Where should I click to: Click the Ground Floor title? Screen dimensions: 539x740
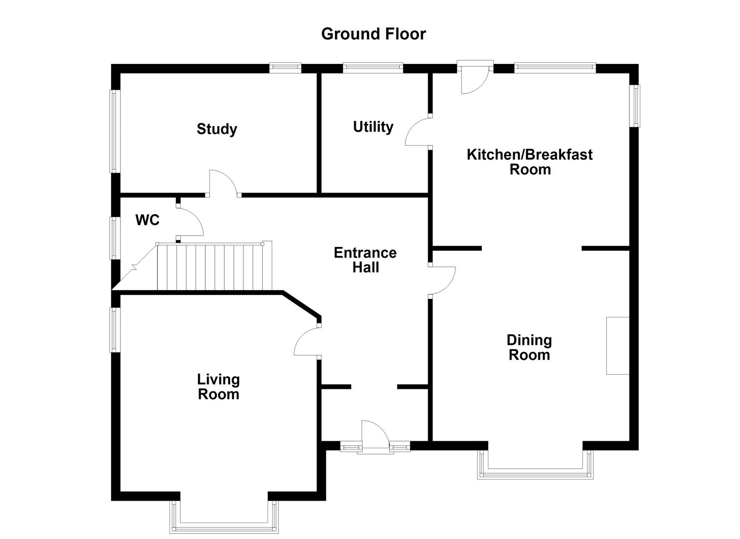373,34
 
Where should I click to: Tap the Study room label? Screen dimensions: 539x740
216,129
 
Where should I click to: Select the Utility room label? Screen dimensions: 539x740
373,127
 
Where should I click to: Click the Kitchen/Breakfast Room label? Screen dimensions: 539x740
529,162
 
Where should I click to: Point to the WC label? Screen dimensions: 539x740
147,220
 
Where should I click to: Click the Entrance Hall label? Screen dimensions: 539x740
365,260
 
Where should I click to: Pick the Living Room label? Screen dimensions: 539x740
218,387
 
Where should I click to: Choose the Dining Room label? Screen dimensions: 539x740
529,347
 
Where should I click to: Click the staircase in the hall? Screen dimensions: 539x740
214,267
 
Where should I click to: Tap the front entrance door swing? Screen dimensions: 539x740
374,434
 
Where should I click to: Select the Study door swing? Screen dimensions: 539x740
223,183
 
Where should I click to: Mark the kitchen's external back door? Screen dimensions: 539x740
474,80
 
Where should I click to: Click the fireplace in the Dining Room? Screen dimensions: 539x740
617,345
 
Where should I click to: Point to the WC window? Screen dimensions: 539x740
115,238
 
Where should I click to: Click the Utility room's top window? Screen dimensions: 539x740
373,67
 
